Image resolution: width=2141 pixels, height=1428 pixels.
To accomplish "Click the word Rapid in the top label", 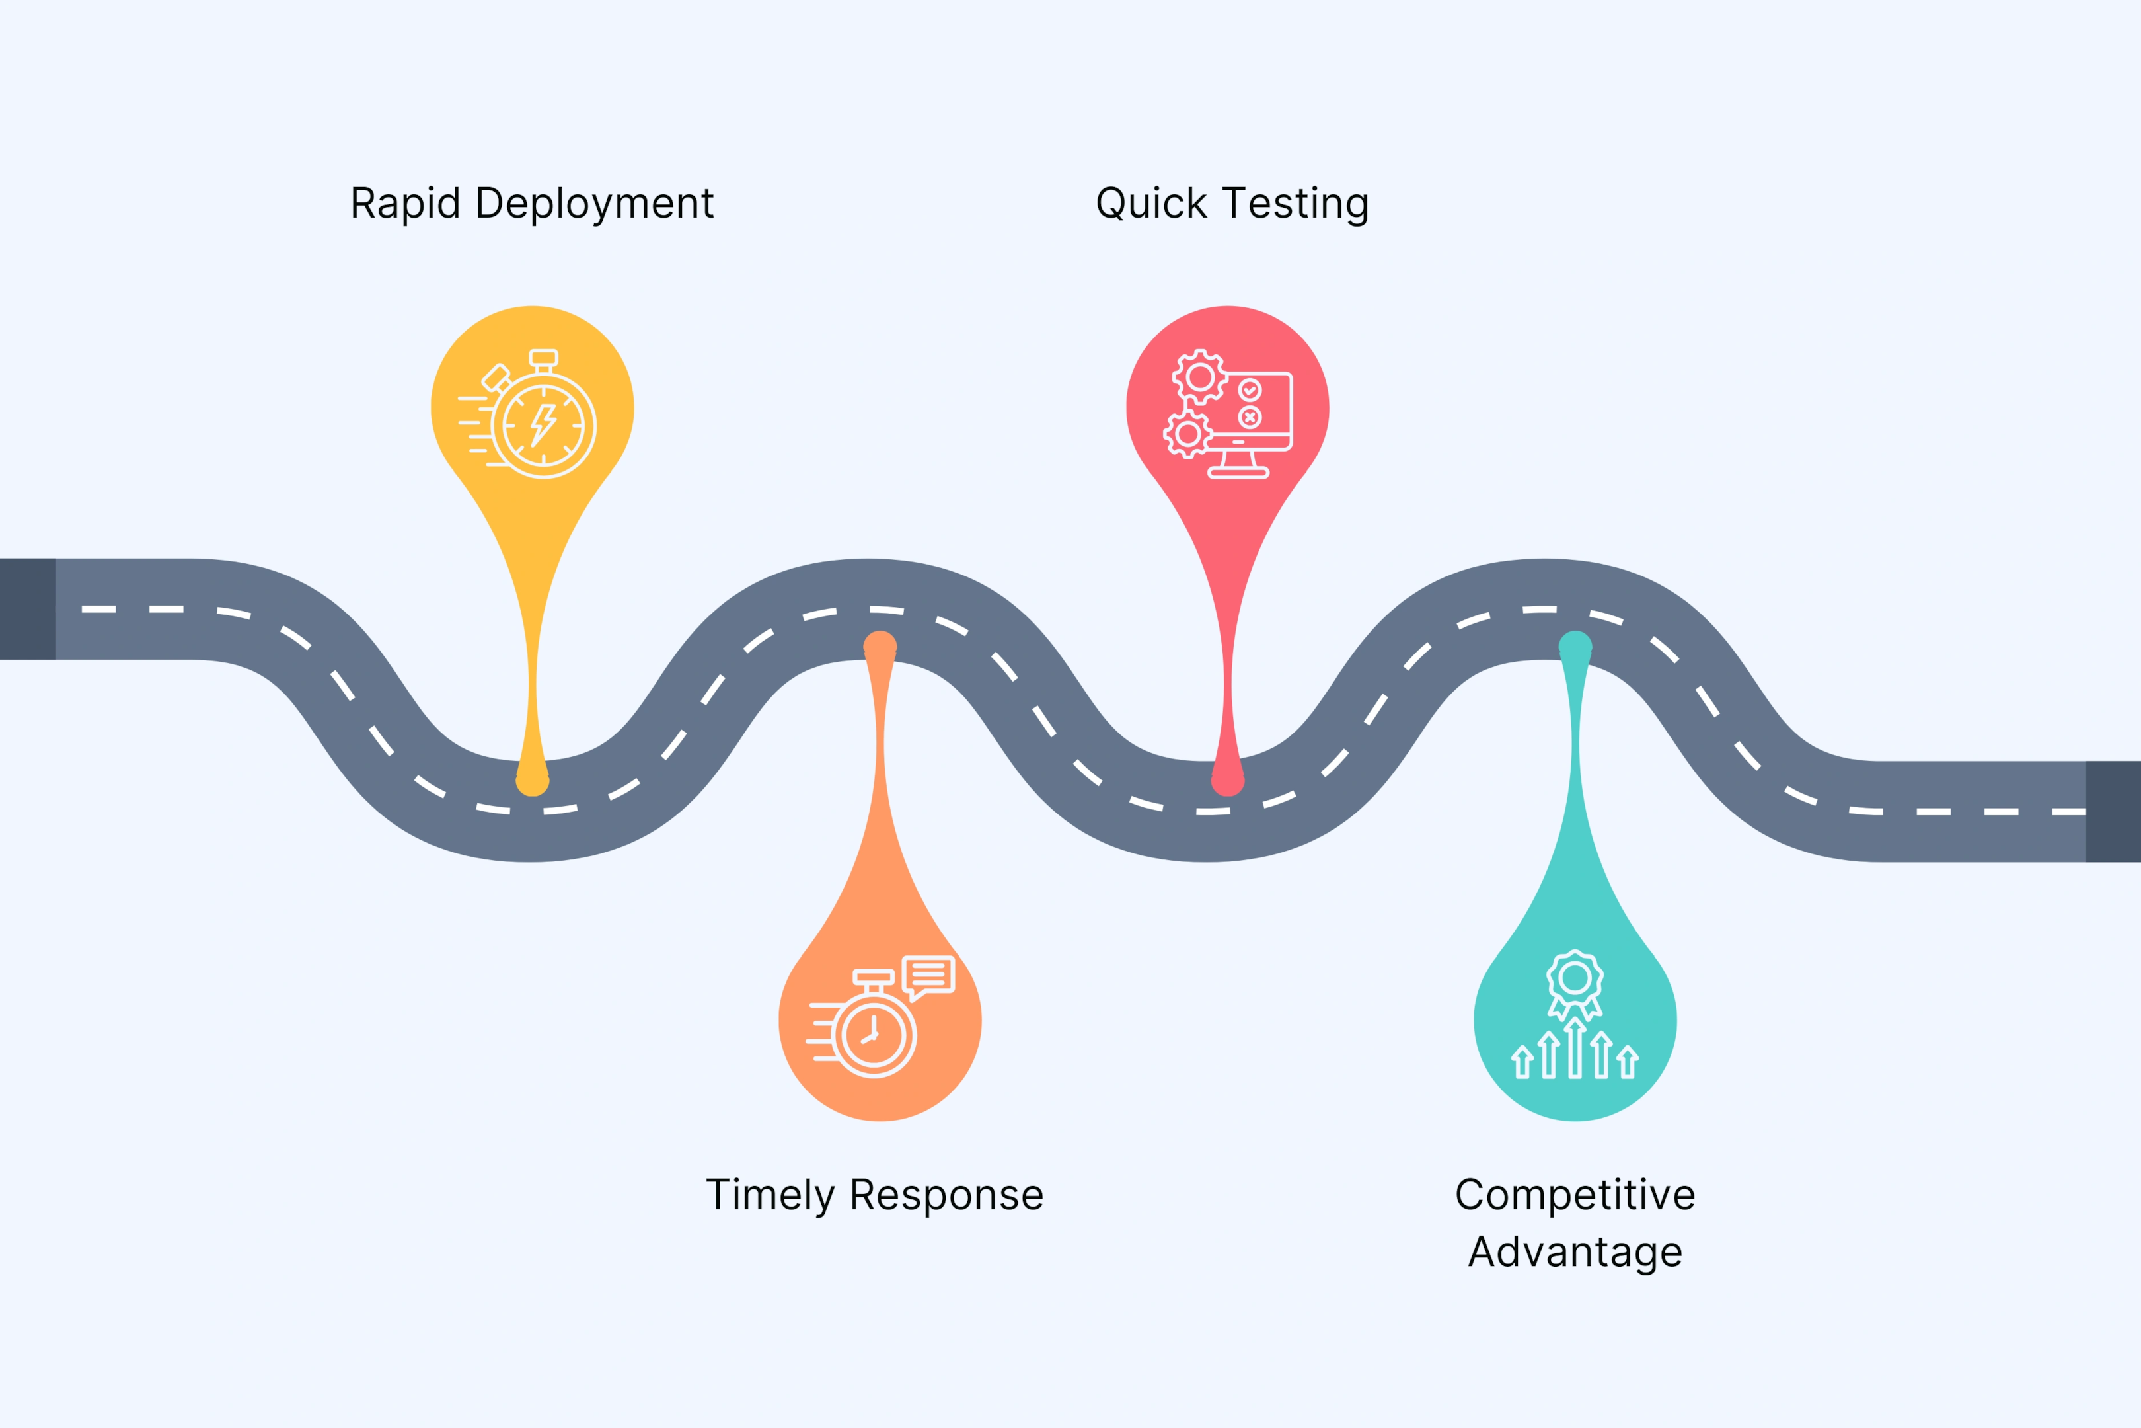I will pos(404,203).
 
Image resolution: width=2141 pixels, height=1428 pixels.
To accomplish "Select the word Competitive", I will pos(1575,1195).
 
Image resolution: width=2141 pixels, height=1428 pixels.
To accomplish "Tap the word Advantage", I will pos(1575,1252).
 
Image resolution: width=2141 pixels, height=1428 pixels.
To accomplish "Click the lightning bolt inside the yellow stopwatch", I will pos(543,424).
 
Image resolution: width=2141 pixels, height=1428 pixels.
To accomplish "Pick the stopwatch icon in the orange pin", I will pos(873,1034).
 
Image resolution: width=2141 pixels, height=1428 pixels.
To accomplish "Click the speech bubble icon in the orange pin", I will pos(928,976).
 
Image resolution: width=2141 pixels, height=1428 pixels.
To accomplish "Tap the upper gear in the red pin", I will pos(1200,376).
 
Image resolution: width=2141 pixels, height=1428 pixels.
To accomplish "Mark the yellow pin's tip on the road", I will pos(533,781).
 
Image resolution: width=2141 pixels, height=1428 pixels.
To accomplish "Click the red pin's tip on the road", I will pos(1227,781).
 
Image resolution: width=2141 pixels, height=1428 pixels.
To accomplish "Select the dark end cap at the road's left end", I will pos(27,608).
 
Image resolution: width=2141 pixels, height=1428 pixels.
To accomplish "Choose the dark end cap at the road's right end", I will pos(2113,811).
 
